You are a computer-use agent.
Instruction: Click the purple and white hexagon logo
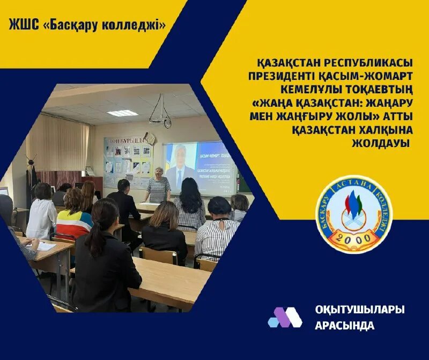[x=285, y=317]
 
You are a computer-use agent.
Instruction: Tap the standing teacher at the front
[x=159, y=185]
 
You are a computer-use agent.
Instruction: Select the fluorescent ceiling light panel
[x=122, y=113]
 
